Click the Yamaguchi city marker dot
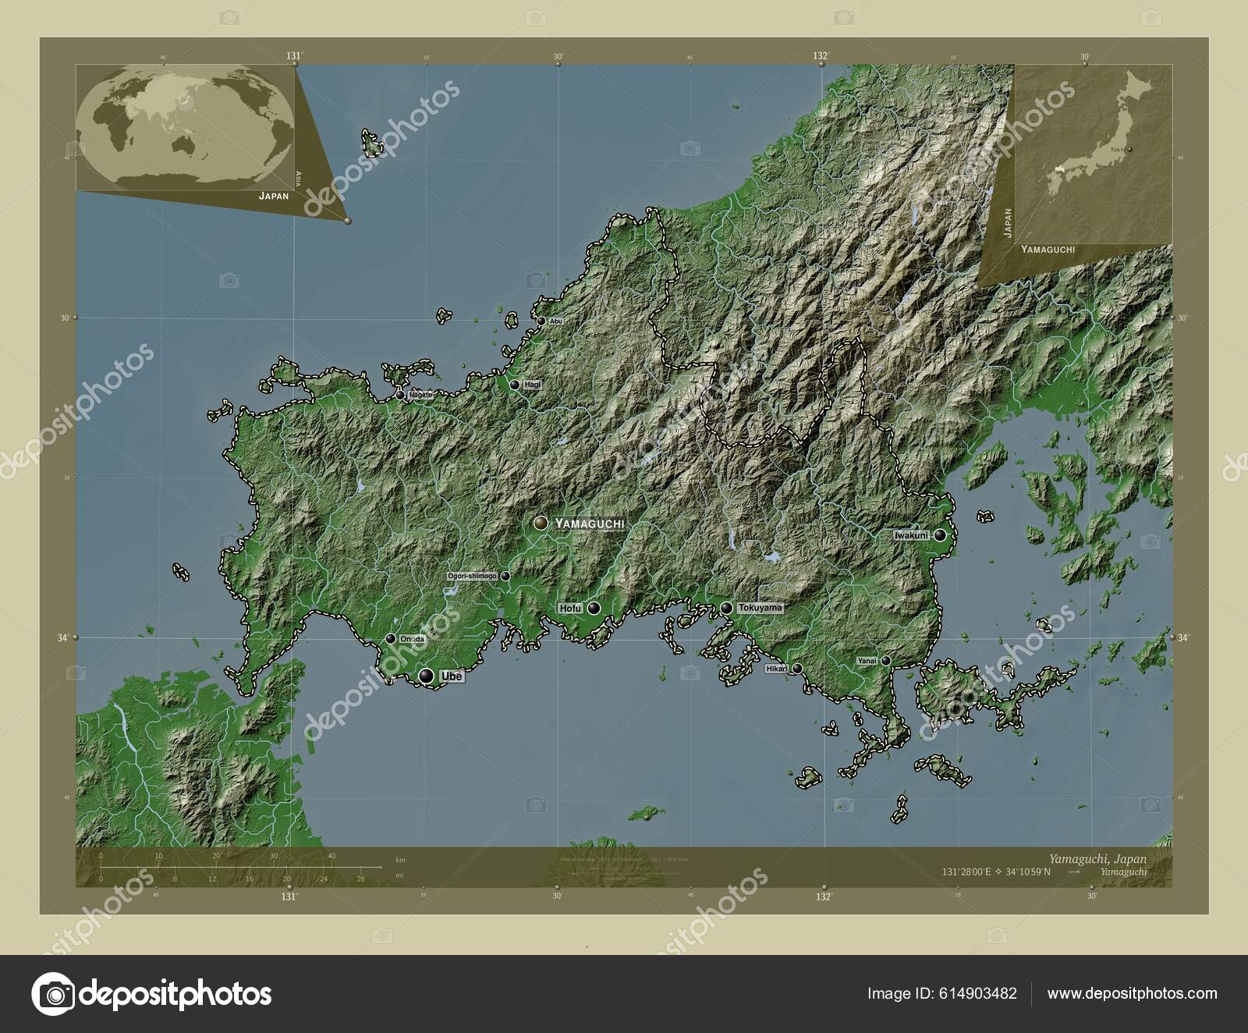click(x=540, y=523)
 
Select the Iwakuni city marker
click(x=941, y=535)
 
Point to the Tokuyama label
click(x=760, y=607)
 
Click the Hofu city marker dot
click(x=594, y=608)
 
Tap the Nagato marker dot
click(x=400, y=396)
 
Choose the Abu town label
click(x=555, y=321)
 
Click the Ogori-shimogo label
click(x=472, y=576)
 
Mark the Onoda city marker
click(x=390, y=639)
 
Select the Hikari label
click(x=775, y=669)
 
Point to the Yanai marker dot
click(x=886, y=661)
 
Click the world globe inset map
click(x=185, y=126)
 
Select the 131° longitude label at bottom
click(x=289, y=896)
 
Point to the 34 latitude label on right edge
click(x=1183, y=637)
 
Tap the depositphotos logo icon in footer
click(x=52, y=994)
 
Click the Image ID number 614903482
click(x=979, y=994)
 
